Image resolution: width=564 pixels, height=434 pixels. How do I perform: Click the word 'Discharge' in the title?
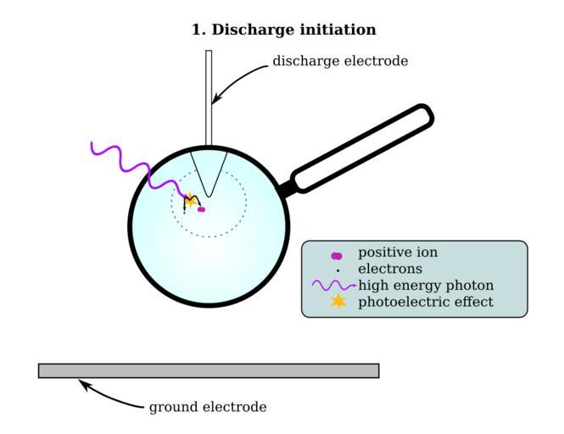[253, 30]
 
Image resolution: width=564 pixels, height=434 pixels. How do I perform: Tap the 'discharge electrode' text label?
[340, 61]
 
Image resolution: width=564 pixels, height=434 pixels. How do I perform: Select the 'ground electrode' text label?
[208, 407]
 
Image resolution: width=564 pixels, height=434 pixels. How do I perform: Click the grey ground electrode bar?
[209, 370]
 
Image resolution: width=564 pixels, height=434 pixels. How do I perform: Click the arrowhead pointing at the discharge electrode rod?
[215, 100]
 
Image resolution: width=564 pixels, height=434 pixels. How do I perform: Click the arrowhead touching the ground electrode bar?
[83, 383]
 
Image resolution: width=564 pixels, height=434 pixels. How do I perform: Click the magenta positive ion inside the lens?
[201, 209]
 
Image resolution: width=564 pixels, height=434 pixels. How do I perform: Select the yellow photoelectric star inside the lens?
[192, 202]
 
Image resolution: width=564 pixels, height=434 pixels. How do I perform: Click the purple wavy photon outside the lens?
[119, 158]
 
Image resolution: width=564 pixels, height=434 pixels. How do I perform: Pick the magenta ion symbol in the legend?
[337, 254]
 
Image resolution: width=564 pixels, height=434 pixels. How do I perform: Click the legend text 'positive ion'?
[398, 253]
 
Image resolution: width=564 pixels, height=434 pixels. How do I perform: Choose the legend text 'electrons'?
[390, 269]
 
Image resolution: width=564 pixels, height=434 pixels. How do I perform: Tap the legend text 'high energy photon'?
[426, 285]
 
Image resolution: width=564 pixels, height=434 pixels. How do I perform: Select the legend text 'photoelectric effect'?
[426, 301]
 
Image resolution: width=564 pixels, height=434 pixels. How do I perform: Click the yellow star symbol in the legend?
[338, 301]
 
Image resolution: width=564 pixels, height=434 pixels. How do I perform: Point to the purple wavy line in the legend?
[333, 286]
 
